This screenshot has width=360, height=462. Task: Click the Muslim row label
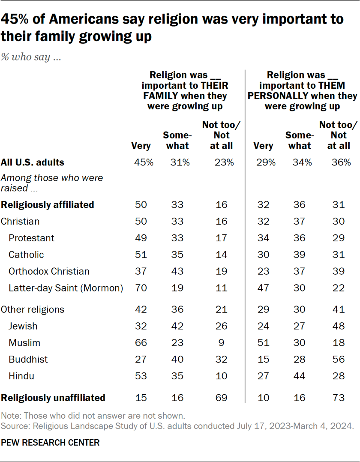coord(24,343)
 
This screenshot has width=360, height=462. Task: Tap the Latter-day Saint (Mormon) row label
coord(66,288)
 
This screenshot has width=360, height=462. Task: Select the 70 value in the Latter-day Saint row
coord(141,288)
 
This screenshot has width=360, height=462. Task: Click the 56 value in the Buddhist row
coord(339,360)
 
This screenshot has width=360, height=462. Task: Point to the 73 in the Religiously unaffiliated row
coord(339,397)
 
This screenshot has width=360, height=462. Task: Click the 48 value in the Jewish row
coord(339,326)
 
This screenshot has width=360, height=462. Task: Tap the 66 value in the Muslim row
coord(141,343)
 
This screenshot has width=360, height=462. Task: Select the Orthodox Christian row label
coord(49,271)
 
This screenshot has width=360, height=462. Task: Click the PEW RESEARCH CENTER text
coord(50,442)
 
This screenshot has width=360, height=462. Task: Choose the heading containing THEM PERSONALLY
coord(302,90)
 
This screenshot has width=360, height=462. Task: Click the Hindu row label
coord(21,376)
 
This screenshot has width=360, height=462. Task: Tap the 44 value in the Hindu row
coord(300,376)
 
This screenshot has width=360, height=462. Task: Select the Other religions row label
coord(33,309)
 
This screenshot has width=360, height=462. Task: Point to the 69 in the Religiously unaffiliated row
coord(221,397)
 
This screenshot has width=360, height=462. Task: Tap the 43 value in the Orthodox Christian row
coord(177,271)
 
